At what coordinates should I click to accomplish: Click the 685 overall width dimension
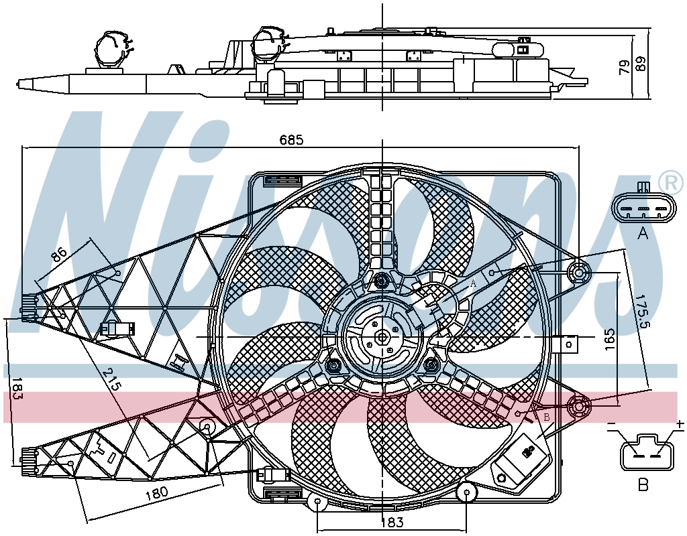pos(291,140)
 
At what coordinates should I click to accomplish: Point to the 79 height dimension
pos(625,67)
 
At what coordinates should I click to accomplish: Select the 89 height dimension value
pos(640,64)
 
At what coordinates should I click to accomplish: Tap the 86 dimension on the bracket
pos(59,254)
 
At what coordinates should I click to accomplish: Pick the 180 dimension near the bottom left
pos(156,492)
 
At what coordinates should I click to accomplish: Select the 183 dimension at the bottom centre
pos(391,523)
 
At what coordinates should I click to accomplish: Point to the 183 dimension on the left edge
pos(17,389)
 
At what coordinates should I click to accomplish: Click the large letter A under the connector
pos(642,234)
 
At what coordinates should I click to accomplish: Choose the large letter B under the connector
pos(643,484)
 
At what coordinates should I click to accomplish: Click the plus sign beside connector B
pos(680,423)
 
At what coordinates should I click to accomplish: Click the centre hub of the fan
pos(382,337)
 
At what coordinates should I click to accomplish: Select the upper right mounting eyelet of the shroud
pos(578,273)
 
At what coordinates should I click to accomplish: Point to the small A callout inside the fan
pos(473,283)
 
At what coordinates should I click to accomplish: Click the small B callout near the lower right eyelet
pos(546,417)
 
